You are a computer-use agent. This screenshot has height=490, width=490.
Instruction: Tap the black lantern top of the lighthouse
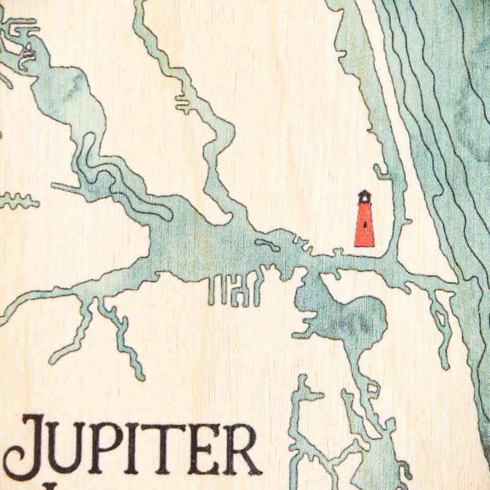click(x=364, y=196)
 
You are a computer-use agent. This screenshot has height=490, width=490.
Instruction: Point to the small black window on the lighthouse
click(x=364, y=225)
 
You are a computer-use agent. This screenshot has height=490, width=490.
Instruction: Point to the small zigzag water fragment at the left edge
click(x=18, y=200)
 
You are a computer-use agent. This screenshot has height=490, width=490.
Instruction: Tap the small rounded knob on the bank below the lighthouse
click(x=336, y=251)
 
